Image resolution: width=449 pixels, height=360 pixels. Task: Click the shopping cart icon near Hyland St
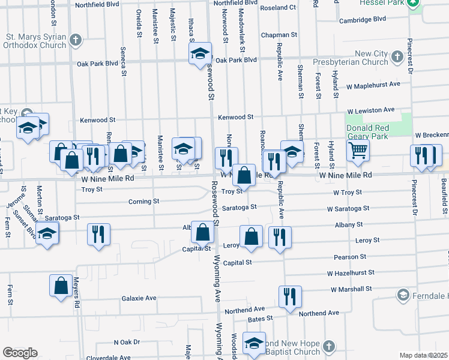pos(358,152)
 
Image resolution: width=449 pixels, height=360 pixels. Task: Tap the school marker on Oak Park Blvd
pos(200,54)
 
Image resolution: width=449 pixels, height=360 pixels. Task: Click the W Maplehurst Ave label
pos(373,85)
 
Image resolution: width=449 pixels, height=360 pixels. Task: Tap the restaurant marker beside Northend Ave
pos(289,296)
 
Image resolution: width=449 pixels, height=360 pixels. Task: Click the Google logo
pos(20,353)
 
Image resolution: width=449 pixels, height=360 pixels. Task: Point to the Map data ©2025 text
pos(424,355)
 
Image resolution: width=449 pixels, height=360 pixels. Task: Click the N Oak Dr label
pos(127,342)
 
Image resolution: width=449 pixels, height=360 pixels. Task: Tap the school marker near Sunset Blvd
pos(46,235)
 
